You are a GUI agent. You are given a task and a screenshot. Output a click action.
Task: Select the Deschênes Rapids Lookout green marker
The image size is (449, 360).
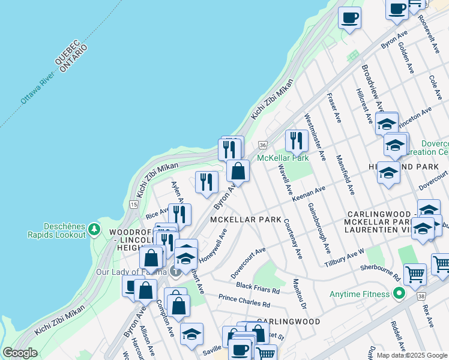94,229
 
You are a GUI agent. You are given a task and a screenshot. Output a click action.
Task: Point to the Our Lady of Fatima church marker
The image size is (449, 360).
175,271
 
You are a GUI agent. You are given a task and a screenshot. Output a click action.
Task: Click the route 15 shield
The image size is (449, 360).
131,205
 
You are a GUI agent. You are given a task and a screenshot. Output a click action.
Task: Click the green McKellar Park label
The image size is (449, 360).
283,158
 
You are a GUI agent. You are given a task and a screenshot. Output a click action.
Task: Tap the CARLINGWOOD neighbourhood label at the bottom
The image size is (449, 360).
289,322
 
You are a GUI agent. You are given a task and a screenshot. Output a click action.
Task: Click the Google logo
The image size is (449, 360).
20,352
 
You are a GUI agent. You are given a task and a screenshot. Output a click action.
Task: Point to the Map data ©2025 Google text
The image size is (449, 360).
412,355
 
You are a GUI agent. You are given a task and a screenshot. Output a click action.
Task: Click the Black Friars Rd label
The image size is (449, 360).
258,287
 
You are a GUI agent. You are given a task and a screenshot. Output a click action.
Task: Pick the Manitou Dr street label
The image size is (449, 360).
300,294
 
